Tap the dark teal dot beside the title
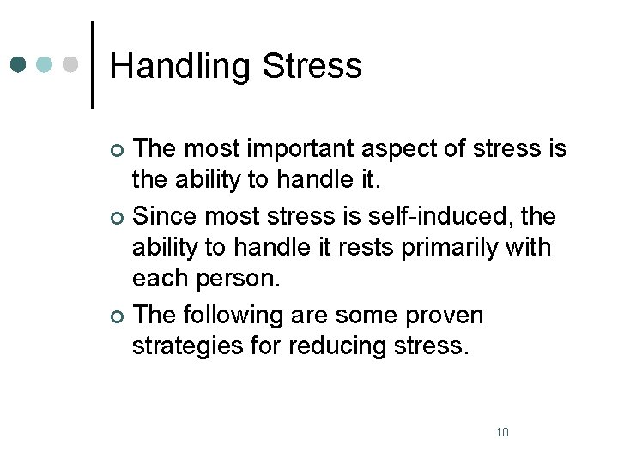(x=19, y=64)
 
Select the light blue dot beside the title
(x=45, y=64)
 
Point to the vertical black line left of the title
(x=93, y=64)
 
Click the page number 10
(x=502, y=431)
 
